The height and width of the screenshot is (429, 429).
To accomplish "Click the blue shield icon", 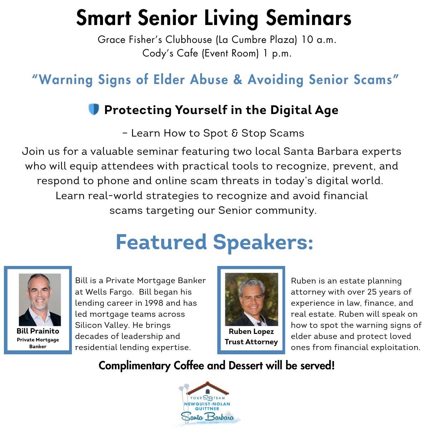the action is pyautogui.click(x=94, y=109).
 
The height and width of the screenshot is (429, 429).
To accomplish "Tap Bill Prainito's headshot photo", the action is pyautogui.click(x=40, y=300).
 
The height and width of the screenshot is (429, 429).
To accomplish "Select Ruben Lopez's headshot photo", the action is pyautogui.click(x=252, y=300).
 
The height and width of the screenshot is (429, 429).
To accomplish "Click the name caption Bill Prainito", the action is pyautogui.click(x=38, y=331).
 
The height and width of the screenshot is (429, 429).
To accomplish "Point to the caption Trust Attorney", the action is pyautogui.click(x=251, y=342).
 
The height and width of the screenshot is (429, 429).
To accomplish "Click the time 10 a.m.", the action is pyautogui.click(x=319, y=40).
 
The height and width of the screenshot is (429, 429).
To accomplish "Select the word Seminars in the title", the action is pyautogui.click(x=309, y=18).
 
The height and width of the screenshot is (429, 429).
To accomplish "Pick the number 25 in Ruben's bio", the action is pyautogui.click(x=372, y=292).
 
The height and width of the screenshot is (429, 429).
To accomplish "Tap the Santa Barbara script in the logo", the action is pyautogui.click(x=207, y=416).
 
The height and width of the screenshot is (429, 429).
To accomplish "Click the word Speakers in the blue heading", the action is pyautogui.click(x=263, y=243).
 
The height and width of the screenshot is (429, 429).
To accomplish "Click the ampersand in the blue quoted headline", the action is pyautogui.click(x=238, y=79).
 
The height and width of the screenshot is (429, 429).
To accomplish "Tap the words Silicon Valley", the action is pyautogui.click(x=102, y=325).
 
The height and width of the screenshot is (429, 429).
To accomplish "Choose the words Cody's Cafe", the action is pyautogui.click(x=170, y=53).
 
